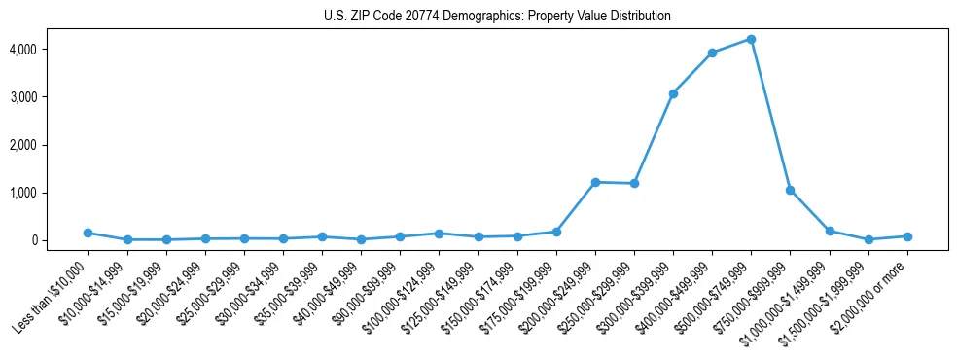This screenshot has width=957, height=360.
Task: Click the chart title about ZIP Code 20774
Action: [x=497, y=17]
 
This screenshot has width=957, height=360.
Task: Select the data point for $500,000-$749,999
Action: [x=751, y=39]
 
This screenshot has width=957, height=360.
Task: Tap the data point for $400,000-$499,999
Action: [x=712, y=53]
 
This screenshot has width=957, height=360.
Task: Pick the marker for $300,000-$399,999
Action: [x=673, y=93]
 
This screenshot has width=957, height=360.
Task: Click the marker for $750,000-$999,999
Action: [x=790, y=190]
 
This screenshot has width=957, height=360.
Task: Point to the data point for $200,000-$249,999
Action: [x=595, y=182]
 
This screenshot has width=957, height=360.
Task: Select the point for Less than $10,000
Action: [x=88, y=233]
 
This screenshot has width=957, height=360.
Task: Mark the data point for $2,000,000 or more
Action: [x=906, y=236]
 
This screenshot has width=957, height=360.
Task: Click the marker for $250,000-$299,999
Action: [x=634, y=183]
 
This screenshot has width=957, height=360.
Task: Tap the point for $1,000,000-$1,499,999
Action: [x=829, y=231]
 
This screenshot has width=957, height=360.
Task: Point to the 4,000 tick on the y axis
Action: [x=49, y=49]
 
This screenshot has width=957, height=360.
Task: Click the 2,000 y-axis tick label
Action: [x=49, y=145]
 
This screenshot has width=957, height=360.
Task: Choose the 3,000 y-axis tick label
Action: [x=49, y=97]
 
